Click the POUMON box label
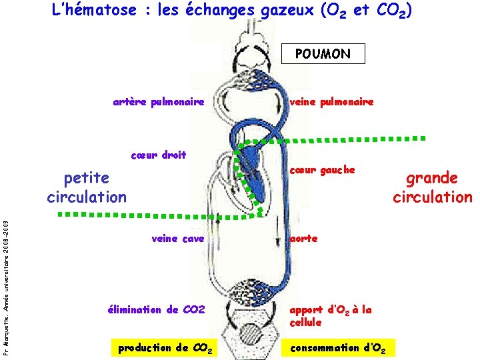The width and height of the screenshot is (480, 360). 323,54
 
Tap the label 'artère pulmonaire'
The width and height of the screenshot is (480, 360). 158,102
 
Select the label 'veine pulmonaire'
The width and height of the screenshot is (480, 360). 331,102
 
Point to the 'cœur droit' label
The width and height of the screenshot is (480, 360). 159,155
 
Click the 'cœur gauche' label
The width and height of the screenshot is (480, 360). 322,170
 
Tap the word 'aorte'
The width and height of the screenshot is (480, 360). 303,238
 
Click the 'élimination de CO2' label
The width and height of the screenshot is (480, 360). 155,309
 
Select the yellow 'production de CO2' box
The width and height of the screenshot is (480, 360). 165,347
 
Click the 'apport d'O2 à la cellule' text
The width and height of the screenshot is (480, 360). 330,315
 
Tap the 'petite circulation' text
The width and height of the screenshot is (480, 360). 87,187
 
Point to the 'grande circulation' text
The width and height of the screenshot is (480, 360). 432,187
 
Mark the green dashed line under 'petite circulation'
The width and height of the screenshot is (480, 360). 133,215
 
